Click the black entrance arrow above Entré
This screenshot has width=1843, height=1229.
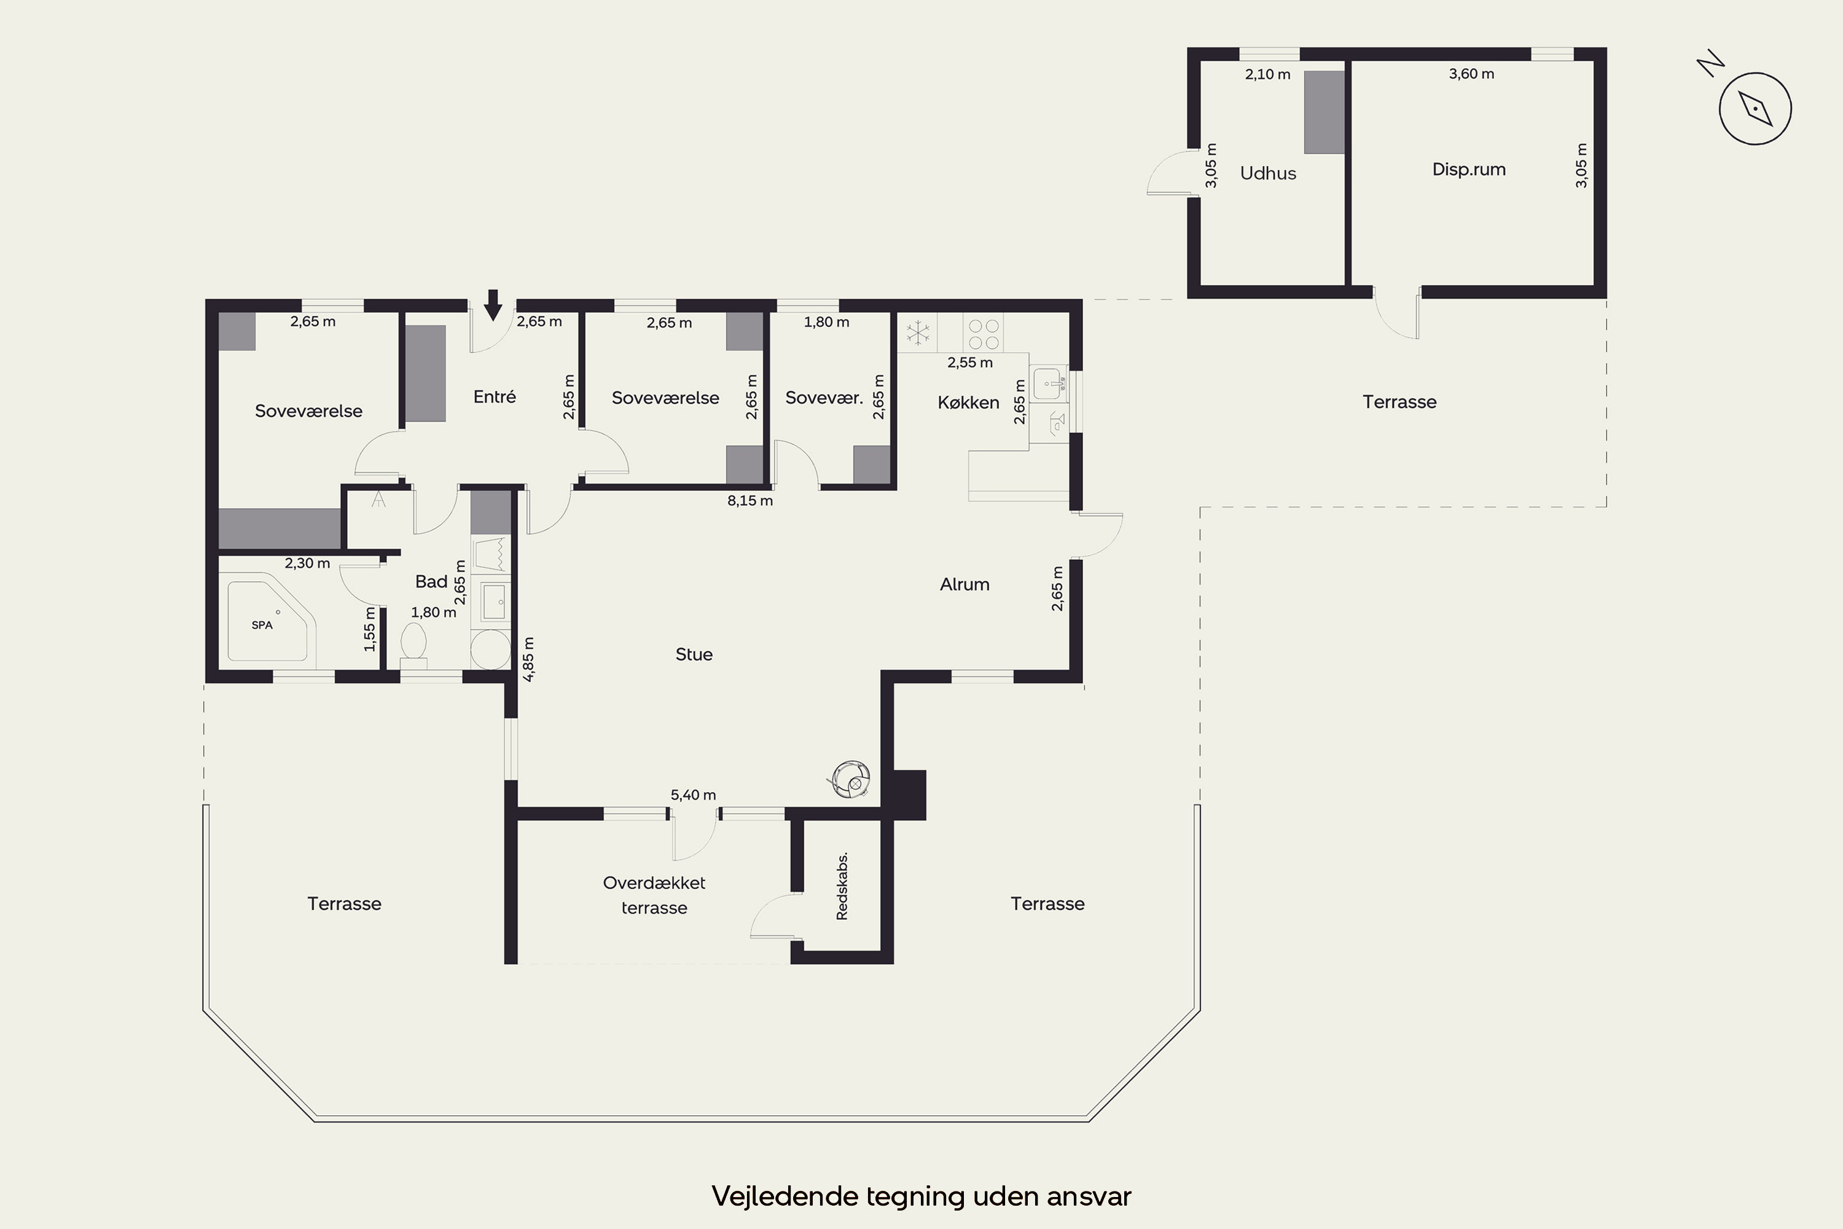click(x=492, y=305)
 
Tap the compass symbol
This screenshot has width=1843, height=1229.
click(x=1755, y=108)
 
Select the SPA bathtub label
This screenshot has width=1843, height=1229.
click(x=262, y=625)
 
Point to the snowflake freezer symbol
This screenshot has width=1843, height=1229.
click(x=918, y=332)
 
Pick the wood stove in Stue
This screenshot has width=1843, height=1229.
click(x=851, y=779)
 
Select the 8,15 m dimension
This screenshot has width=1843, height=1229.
click(x=750, y=501)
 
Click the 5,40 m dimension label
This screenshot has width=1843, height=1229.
click(x=693, y=795)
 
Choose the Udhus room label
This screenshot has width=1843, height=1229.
click(x=1268, y=173)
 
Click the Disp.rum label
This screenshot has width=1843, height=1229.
click(x=1468, y=170)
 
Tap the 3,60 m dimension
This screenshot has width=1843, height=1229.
click(x=1471, y=74)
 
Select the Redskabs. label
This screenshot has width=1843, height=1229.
click(x=842, y=885)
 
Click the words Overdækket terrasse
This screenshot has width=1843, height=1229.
click(x=654, y=895)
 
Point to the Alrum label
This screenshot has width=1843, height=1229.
click(x=965, y=584)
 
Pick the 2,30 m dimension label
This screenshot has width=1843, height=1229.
click(x=307, y=563)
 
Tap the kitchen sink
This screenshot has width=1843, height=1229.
click(x=1049, y=384)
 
